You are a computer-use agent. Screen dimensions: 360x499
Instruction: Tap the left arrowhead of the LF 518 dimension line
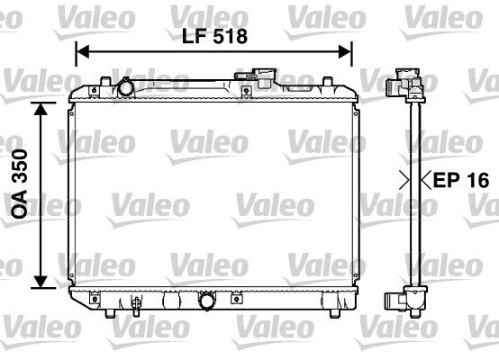click(80, 52)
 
